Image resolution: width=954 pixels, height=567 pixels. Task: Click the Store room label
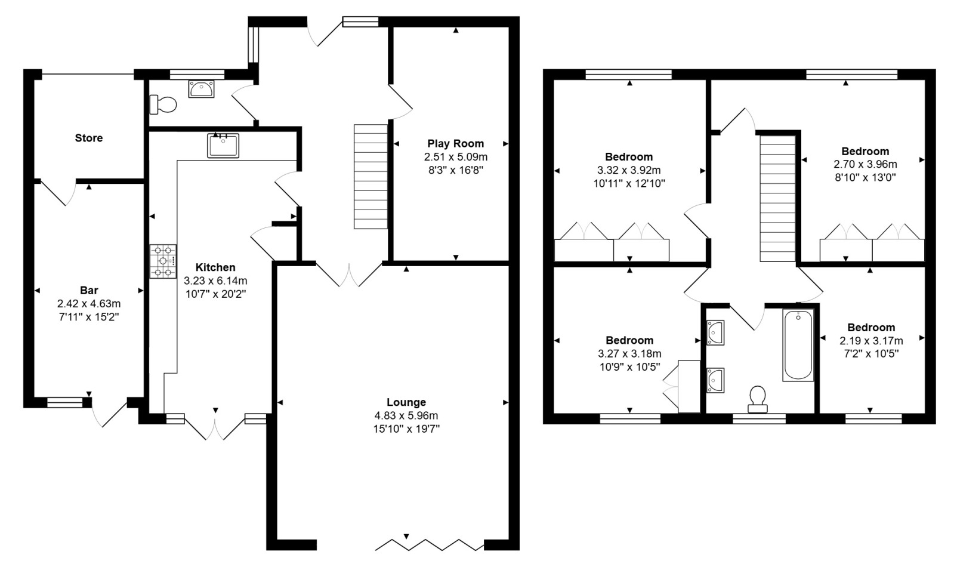click(88, 138)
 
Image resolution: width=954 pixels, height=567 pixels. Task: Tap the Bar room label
click(89, 291)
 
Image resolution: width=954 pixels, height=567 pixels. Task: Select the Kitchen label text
click(215, 267)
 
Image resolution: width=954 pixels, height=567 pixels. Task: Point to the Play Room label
click(456, 144)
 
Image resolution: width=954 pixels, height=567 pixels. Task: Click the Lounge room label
click(406, 402)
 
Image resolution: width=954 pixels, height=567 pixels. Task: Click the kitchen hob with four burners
click(163, 261)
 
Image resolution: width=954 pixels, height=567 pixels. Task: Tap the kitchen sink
click(223, 146)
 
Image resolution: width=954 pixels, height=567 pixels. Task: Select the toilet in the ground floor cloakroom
click(163, 104)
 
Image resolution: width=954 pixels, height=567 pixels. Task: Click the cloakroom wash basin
click(202, 89)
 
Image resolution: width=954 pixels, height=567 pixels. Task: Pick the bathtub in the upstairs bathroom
click(798, 345)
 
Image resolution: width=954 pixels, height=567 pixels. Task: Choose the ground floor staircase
click(371, 176)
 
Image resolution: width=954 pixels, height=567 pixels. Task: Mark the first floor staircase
click(777, 198)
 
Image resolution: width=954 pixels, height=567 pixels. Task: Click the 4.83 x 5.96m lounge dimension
click(406, 415)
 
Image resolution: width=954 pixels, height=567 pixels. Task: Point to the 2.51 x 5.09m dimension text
click(456, 157)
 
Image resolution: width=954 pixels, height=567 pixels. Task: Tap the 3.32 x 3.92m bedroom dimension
click(629, 170)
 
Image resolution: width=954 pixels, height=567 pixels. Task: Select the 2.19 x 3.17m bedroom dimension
click(872, 341)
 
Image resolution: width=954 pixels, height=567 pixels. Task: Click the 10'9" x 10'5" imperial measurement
click(629, 367)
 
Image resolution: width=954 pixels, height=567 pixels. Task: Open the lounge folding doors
click(430, 545)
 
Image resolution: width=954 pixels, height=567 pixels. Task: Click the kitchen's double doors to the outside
click(215, 426)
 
